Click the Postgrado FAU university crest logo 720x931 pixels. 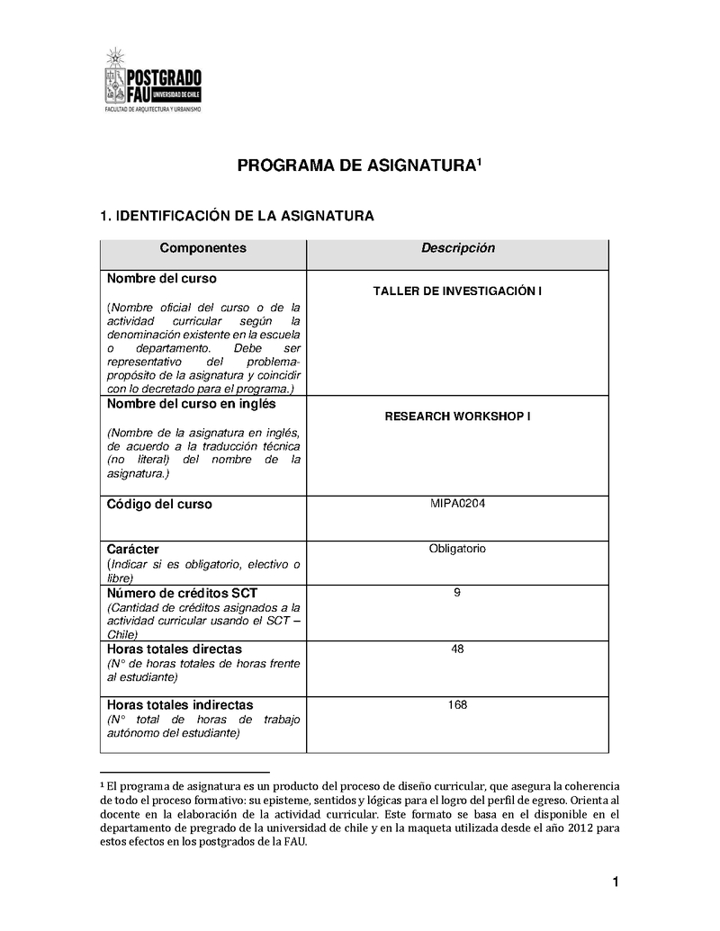(114, 78)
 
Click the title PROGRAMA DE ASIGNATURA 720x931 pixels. (357, 166)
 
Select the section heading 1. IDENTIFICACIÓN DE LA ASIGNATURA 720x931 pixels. (236, 217)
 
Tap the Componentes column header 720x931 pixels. (202, 248)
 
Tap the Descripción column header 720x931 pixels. (458, 248)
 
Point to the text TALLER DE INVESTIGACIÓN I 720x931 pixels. (457, 291)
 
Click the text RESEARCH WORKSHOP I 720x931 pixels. (457, 417)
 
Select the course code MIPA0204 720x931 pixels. (457, 503)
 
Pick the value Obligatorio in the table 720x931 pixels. (457, 548)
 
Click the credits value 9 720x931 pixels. (457, 592)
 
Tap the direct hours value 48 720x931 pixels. (457, 649)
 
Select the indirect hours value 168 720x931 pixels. (457, 704)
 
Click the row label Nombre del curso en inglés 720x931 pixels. (190, 405)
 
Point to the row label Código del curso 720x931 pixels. (159, 505)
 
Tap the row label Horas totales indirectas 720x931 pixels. (180, 705)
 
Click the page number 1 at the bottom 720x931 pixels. (616, 882)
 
